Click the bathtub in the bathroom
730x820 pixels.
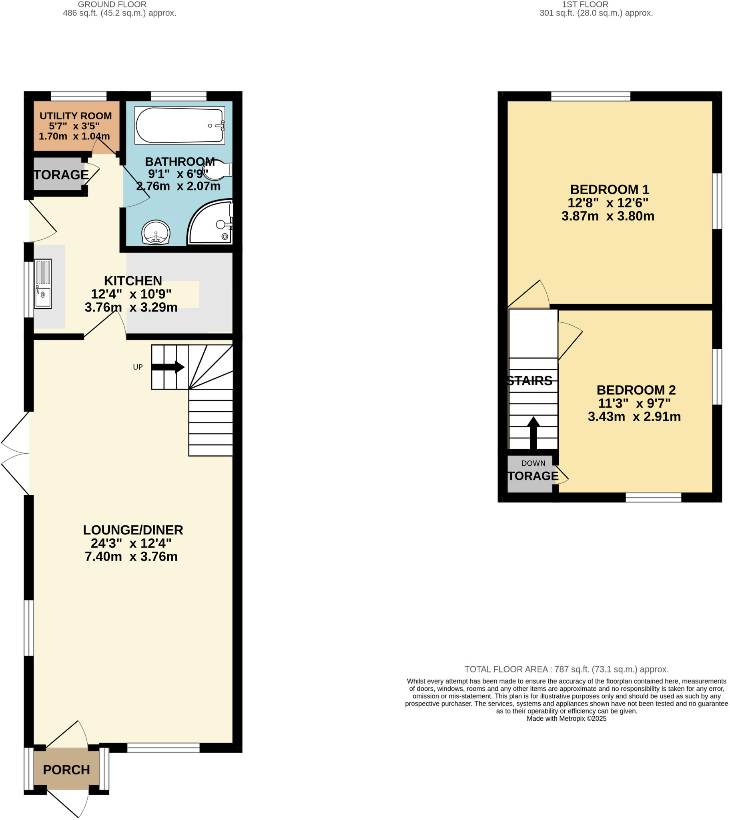tap(179, 125)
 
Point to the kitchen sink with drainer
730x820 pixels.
tap(43, 283)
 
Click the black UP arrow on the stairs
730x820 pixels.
tap(168, 367)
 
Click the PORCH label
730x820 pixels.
tap(66, 770)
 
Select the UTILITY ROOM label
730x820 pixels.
tap(75, 116)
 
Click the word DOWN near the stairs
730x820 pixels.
tap(533, 463)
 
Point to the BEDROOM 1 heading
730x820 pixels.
tap(609, 189)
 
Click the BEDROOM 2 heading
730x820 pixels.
tap(636, 390)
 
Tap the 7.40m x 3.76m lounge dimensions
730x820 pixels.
tap(131, 557)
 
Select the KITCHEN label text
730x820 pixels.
tap(133, 280)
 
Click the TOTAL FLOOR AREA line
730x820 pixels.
tap(566, 669)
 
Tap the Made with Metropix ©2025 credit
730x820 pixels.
tap(566, 719)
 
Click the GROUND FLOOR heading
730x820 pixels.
tap(112, 4)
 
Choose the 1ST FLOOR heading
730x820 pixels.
tap(585, 4)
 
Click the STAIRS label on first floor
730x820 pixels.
tap(530, 381)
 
